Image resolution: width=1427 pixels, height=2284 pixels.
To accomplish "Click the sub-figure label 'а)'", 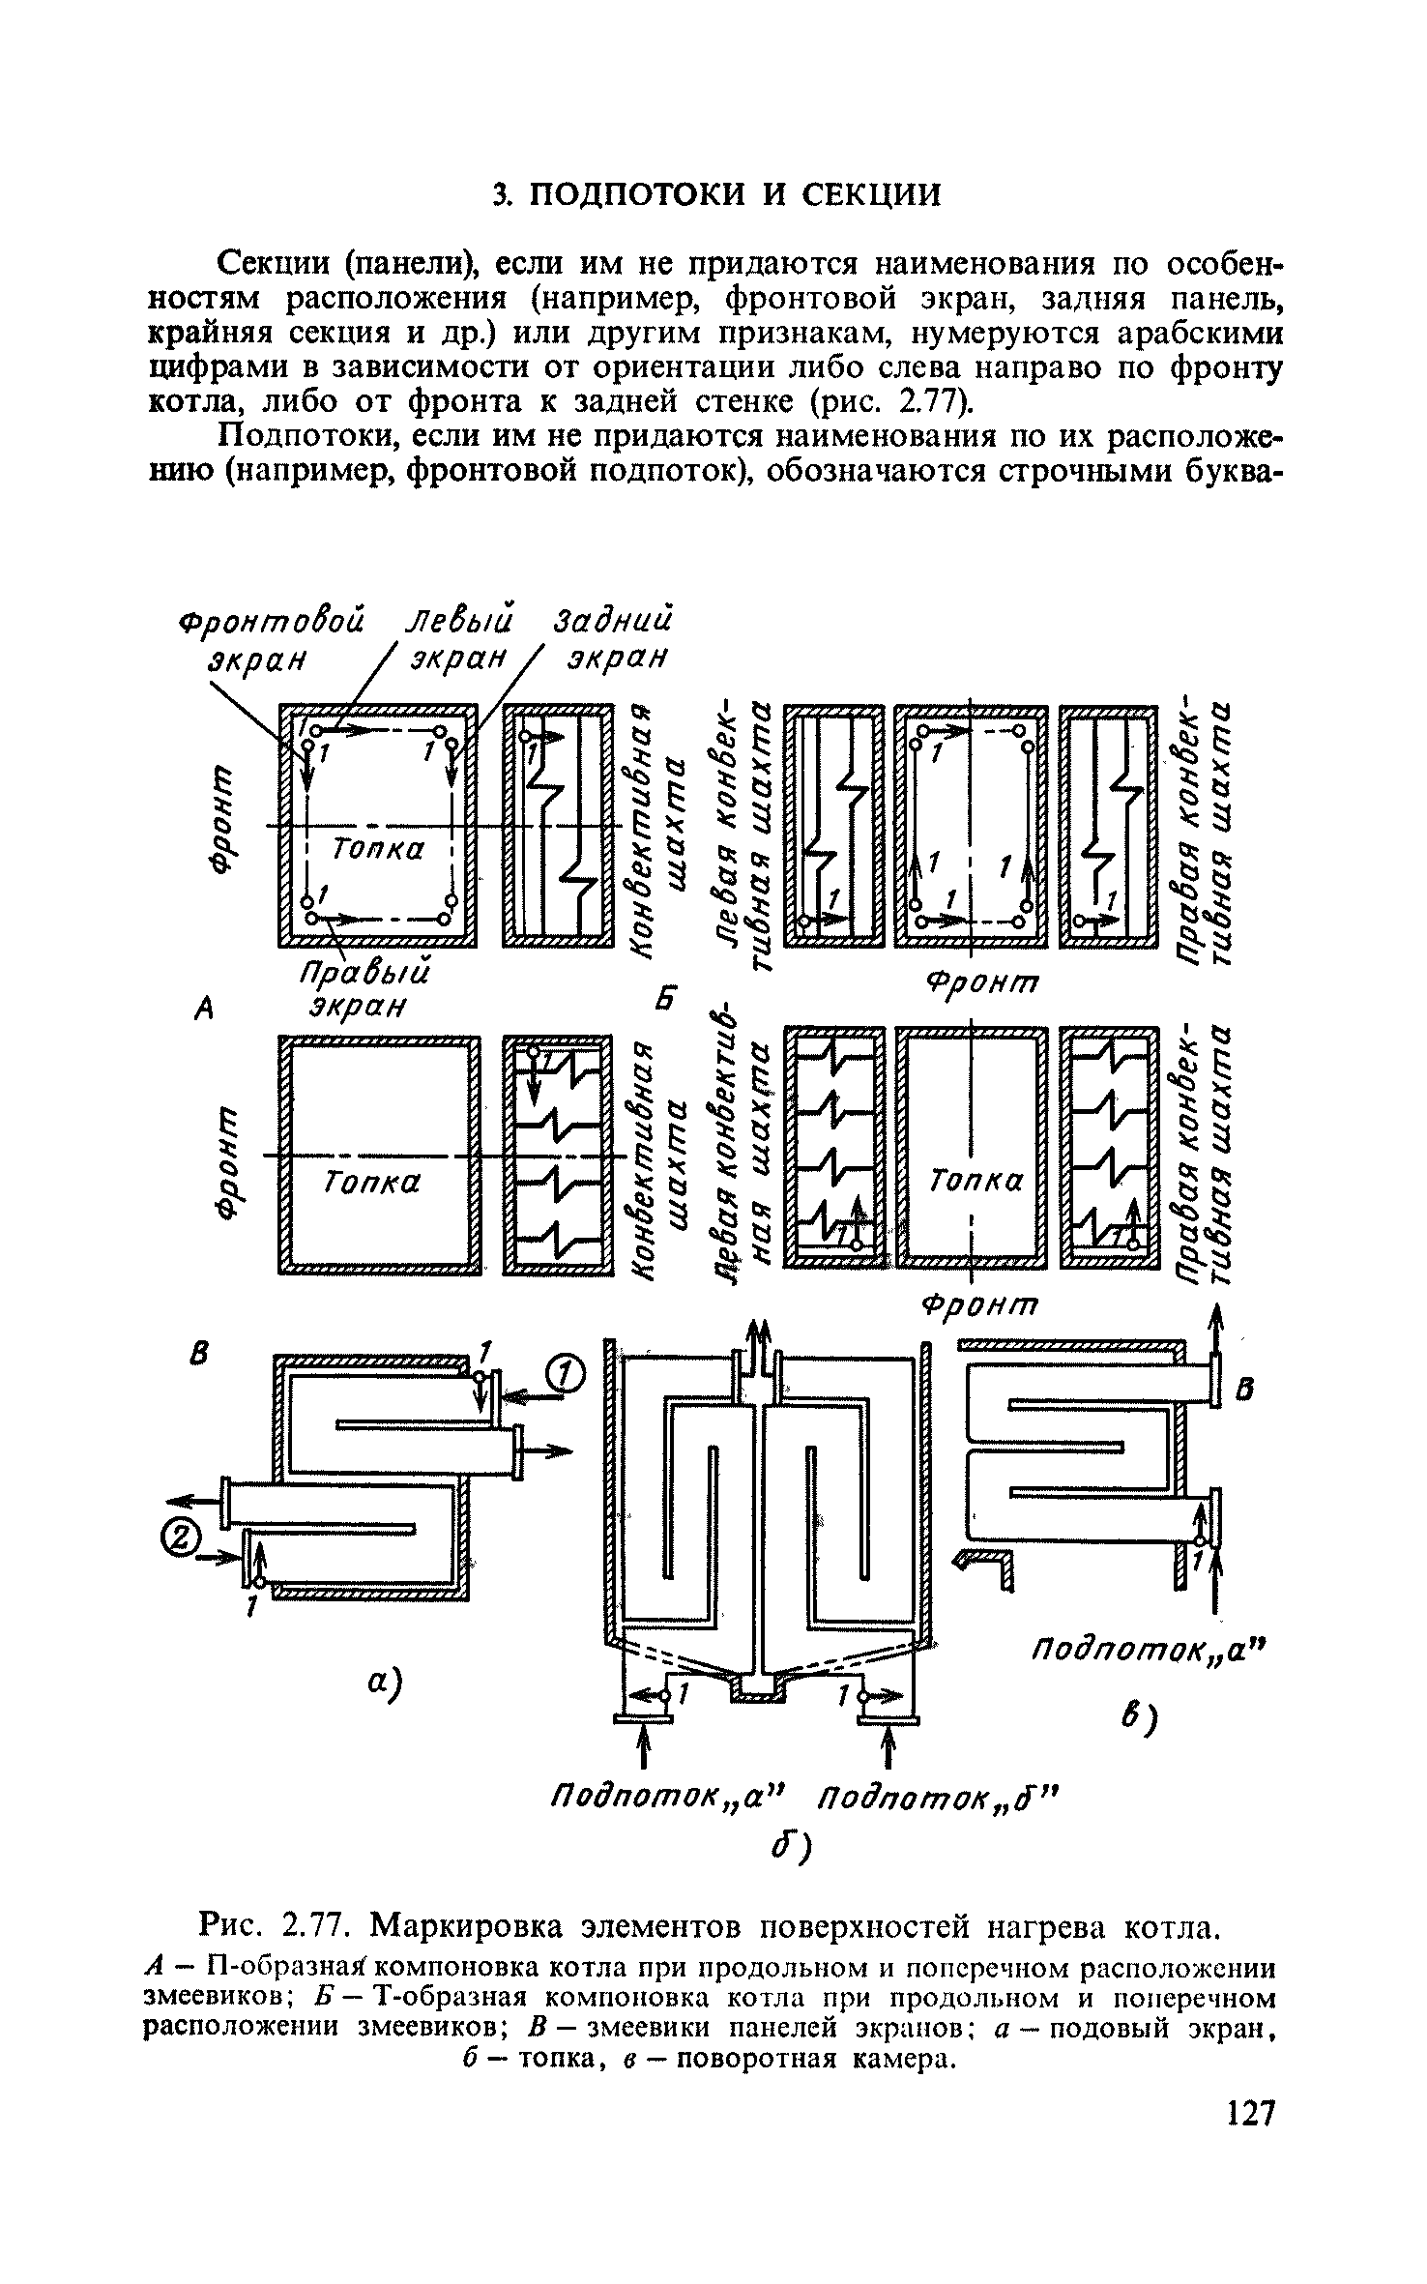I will click(x=384, y=1683).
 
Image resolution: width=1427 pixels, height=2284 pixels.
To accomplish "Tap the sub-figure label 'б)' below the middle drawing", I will click(x=794, y=1848).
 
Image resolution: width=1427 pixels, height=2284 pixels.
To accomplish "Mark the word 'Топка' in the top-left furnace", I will click(x=378, y=849).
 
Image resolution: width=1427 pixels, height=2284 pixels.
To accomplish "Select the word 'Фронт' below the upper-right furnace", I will click(x=981, y=983).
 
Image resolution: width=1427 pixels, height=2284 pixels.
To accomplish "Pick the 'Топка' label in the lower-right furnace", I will click(x=976, y=1181).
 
